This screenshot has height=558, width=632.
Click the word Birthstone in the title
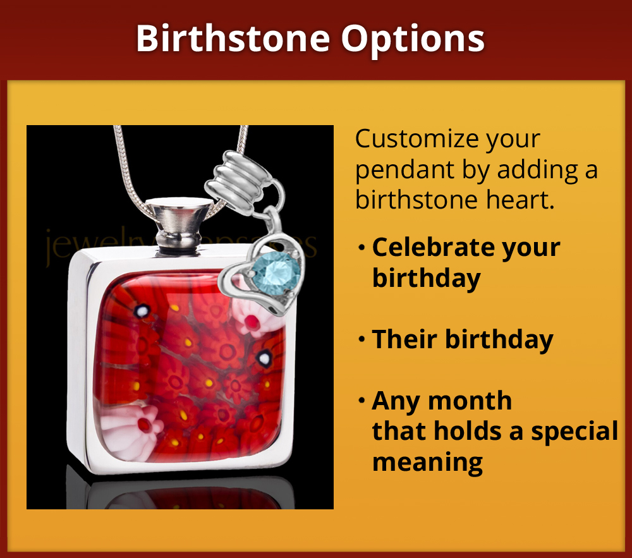(233, 39)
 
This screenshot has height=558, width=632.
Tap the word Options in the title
(413, 39)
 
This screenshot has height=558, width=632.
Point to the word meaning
(427, 462)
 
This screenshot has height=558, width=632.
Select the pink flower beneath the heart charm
(255, 320)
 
